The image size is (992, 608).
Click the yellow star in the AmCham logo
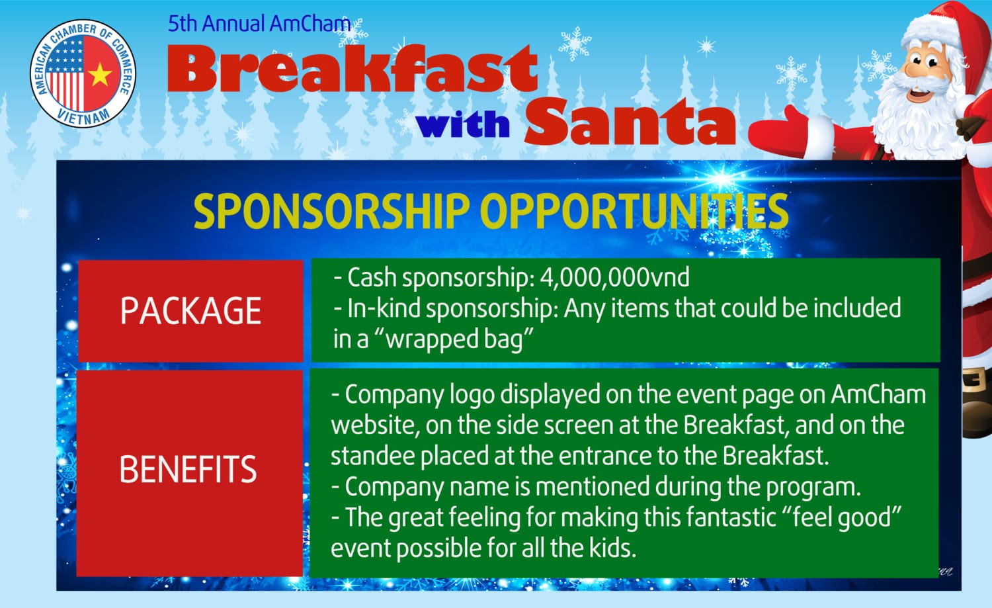tap(100, 75)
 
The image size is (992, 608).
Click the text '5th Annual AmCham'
tap(259, 24)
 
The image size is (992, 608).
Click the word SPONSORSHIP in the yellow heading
tap(331, 212)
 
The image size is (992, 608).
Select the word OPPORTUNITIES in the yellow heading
tap(634, 212)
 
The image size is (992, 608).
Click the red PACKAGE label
tap(190, 311)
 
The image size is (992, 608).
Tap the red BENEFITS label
tap(189, 473)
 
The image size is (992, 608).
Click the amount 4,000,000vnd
tap(614, 278)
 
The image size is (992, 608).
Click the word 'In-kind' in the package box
tap(384, 308)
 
